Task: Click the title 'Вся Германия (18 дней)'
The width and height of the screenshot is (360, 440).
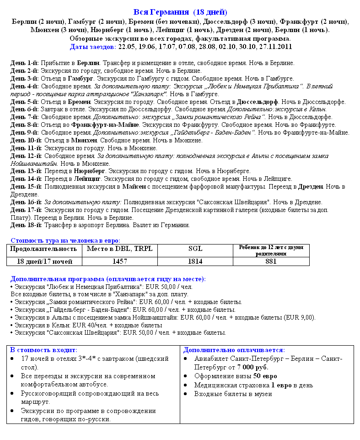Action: (x=180, y=12)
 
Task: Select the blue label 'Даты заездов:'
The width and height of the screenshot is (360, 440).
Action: (x=93, y=47)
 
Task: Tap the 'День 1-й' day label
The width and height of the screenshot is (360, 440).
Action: (x=25, y=63)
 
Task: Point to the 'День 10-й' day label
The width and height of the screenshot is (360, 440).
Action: (x=27, y=141)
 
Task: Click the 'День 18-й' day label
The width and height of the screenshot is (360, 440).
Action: (x=27, y=225)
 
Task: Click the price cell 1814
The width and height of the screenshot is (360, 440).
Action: (x=195, y=261)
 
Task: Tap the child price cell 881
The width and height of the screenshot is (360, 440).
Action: (x=271, y=261)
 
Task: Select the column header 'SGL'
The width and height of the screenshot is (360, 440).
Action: (x=195, y=249)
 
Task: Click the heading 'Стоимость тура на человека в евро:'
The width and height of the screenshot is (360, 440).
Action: (x=65, y=240)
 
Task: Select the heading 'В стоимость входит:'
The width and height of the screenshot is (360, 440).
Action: (x=44, y=350)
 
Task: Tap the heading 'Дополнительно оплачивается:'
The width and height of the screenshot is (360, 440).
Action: (x=234, y=350)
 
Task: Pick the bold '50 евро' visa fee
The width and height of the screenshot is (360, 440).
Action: (x=265, y=376)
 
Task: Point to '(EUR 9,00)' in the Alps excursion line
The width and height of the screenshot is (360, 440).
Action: (x=300, y=317)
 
